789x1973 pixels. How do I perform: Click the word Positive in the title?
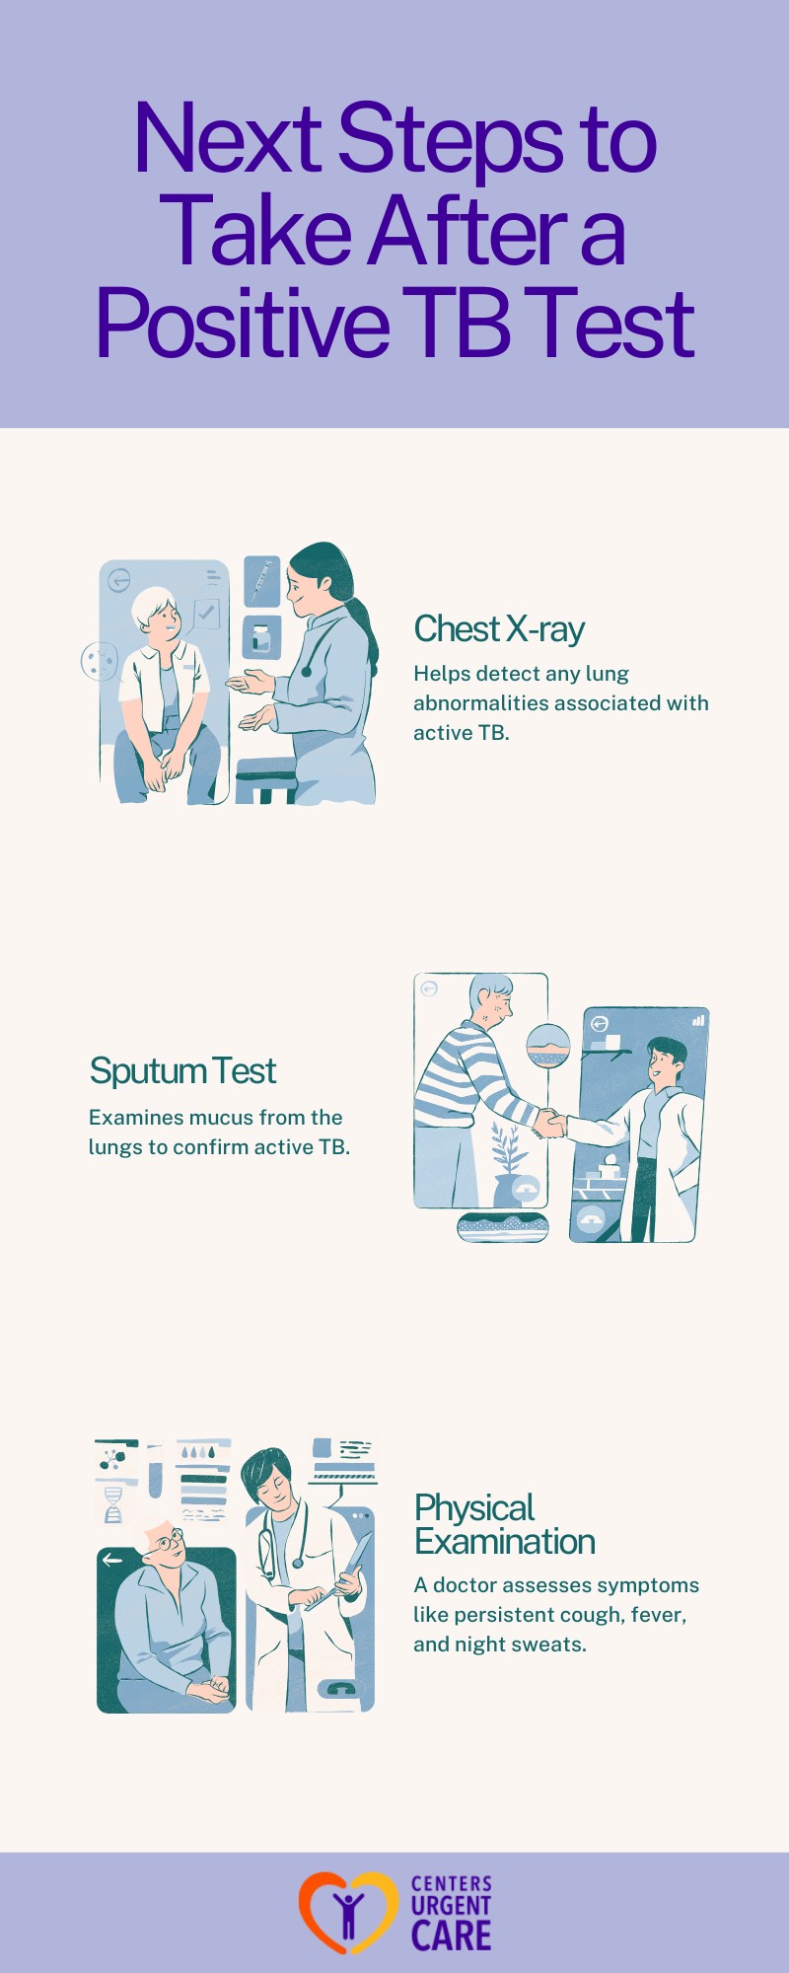pos(243,324)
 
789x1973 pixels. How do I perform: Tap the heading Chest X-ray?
pos(499,628)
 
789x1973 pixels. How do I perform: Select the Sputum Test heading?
pos(182,1070)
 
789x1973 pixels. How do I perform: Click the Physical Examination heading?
pos(504,1524)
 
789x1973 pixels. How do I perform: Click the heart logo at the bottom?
pos(347,1912)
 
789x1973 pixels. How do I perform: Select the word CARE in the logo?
pos(451,1936)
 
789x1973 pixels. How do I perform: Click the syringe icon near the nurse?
pos(261,581)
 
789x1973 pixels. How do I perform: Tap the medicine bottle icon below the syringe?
pos(260,638)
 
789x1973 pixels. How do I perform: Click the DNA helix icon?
pos(113,1504)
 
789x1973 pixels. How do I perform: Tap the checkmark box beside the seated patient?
pos(206,614)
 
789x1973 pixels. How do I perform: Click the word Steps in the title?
pos(450,138)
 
